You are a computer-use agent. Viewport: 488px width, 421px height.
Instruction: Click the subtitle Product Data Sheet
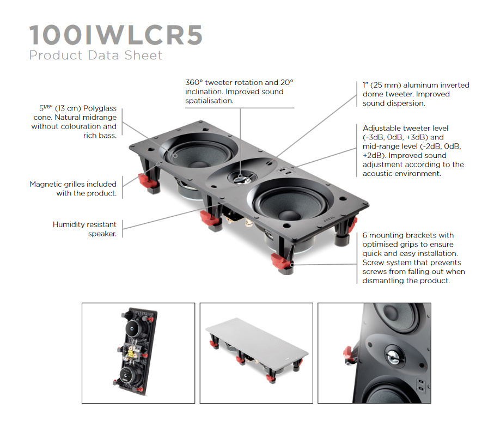[x=96, y=55]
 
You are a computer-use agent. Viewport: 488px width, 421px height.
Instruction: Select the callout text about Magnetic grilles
[x=73, y=189]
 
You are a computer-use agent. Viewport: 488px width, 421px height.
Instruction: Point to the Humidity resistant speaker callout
[x=84, y=229]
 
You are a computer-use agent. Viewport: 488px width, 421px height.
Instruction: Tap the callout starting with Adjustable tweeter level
[x=413, y=151]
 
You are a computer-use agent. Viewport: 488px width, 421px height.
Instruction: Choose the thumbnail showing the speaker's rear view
[x=138, y=353]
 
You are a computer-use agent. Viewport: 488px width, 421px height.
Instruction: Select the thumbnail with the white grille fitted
[x=256, y=353]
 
